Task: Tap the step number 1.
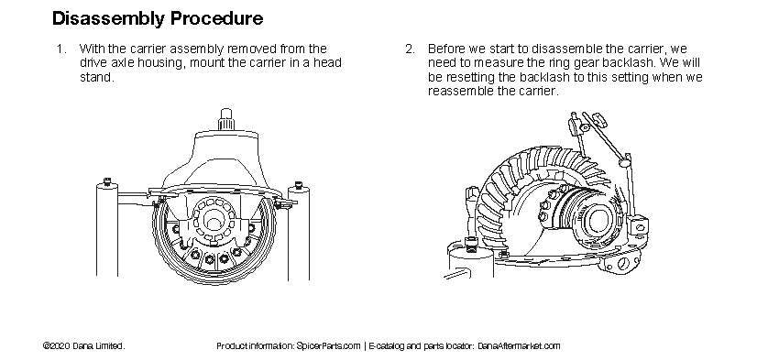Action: click(x=60, y=49)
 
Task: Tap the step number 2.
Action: click(x=410, y=49)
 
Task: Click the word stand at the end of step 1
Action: click(x=96, y=78)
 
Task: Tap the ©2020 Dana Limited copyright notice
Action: click(x=83, y=346)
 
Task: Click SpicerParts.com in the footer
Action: click(x=328, y=346)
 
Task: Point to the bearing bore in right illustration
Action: click(x=600, y=220)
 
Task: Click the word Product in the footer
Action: click(x=233, y=346)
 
